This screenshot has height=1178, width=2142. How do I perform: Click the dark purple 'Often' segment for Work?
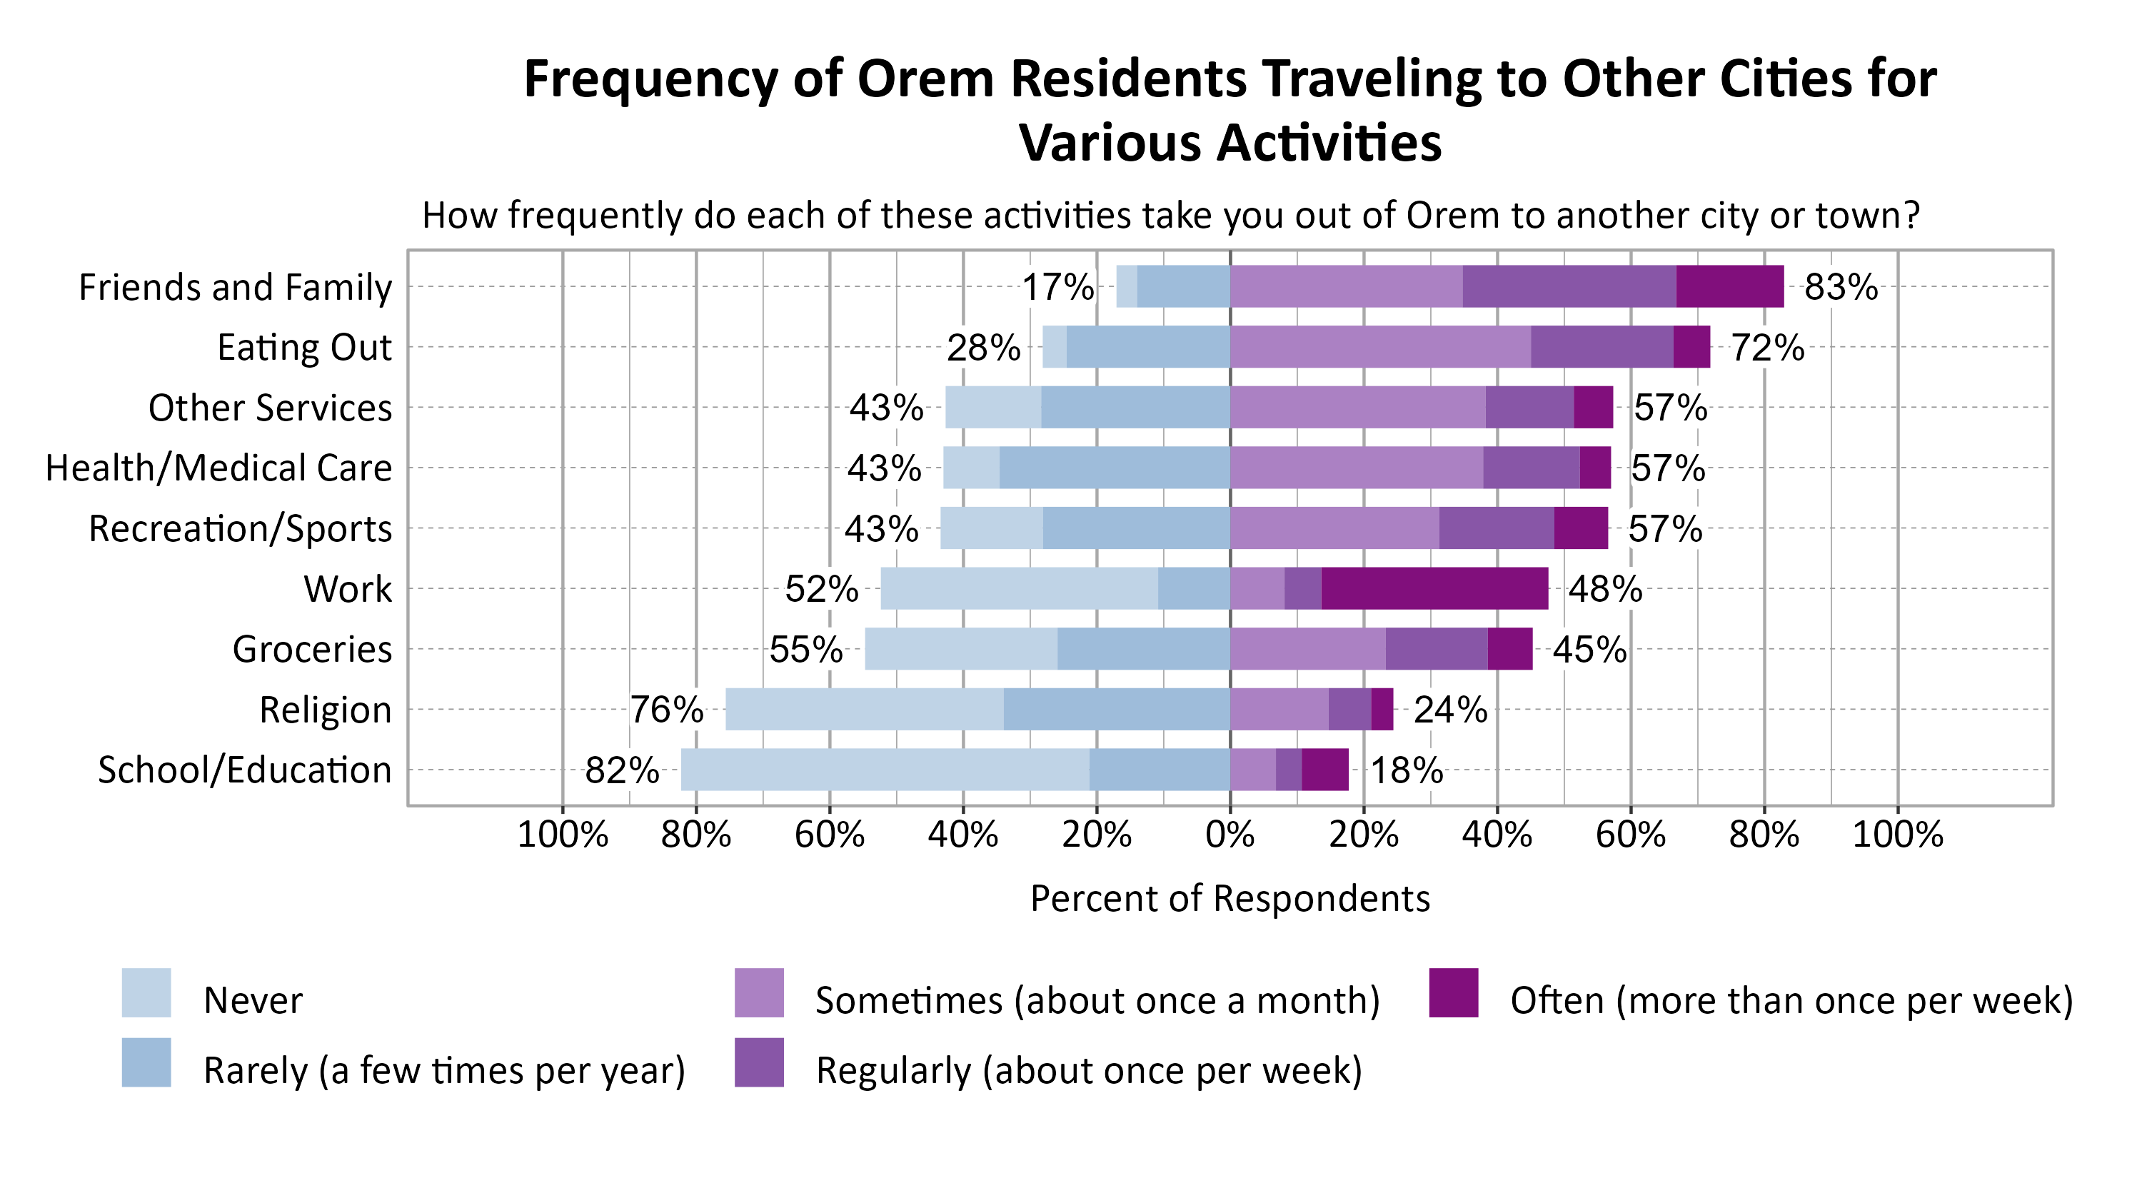(x=1434, y=588)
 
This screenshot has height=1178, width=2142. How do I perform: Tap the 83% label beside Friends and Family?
(x=1840, y=288)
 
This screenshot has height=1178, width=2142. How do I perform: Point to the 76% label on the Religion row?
(x=666, y=710)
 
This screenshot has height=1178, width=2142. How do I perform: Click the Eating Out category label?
(x=304, y=348)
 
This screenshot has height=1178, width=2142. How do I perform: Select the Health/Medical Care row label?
(x=218, y=468)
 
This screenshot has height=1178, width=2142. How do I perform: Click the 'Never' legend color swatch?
(x=146, y=992)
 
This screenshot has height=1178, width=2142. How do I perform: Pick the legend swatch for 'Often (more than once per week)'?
(x=1454, y=992)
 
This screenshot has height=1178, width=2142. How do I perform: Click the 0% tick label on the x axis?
(x=1230, y=835)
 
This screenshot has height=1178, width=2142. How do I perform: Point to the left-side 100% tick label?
(x=562, y=835)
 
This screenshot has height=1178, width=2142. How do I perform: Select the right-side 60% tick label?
(x=1630, y=835)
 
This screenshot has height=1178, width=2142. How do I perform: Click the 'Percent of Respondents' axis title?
(x=1230, y=899)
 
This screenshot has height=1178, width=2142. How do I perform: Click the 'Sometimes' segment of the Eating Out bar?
(x=1380, y=347)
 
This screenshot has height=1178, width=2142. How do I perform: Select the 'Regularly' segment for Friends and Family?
(x=1569, y=287)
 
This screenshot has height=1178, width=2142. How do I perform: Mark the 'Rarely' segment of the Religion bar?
(x=1117, y=709)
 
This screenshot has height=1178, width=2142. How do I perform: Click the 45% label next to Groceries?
(x=1589, y=649)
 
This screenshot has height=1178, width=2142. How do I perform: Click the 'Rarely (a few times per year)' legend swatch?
(x=146, y=1062)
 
